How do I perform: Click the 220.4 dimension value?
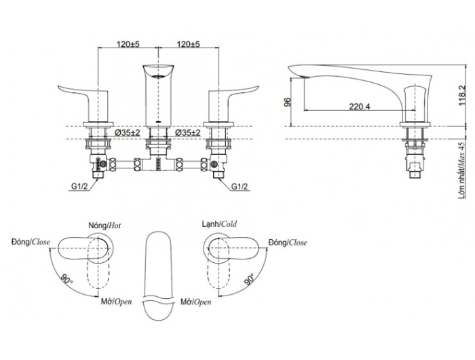point(359,107)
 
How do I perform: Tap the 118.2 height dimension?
point(462,94)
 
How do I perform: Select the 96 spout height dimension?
point(288,102)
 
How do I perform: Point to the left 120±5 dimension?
point(128,44)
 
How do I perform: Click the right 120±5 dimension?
point(189,44)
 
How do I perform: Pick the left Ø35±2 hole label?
point(128,132)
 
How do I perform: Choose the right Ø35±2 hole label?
point(188,132)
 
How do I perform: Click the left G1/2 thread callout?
point(79,187)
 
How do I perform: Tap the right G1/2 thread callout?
point(240,187)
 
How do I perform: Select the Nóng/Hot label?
point(104,226)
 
